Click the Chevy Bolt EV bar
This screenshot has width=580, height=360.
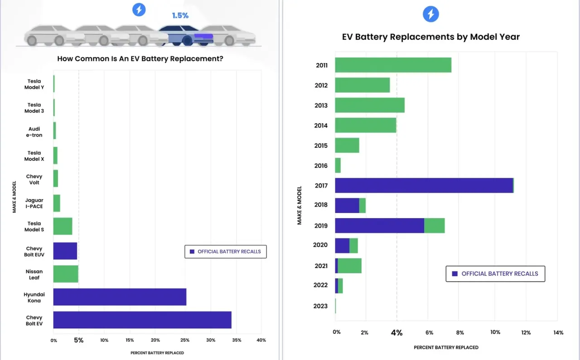coord(142,320)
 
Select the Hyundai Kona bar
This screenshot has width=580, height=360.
coord(120,297)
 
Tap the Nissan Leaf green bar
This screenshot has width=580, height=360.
coord(66,274)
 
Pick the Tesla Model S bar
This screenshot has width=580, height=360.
coord(63,226)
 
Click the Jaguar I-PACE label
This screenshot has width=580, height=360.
coord(34,203)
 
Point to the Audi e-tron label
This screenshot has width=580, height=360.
coord(34,132)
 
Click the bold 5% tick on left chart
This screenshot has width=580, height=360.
coord(78,340)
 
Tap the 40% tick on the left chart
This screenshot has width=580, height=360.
coord(261,341)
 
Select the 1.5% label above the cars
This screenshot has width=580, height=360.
coord(180,15)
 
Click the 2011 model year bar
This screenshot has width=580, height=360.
coord(393,65)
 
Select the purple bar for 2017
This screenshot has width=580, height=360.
coord(424,185)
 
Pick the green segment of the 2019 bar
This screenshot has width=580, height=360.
coord(434,225)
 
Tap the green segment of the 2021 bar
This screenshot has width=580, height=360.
coord(349,266)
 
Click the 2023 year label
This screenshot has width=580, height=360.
coord(320,306)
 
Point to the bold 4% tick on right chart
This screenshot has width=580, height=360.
coord(396,332)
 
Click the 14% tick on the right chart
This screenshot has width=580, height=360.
coord(558,332)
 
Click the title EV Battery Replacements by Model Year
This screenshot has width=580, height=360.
coord(430,37)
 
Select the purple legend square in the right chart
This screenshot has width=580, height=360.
coord(454,274)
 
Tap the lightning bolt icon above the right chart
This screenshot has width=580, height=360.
coord(431,14)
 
